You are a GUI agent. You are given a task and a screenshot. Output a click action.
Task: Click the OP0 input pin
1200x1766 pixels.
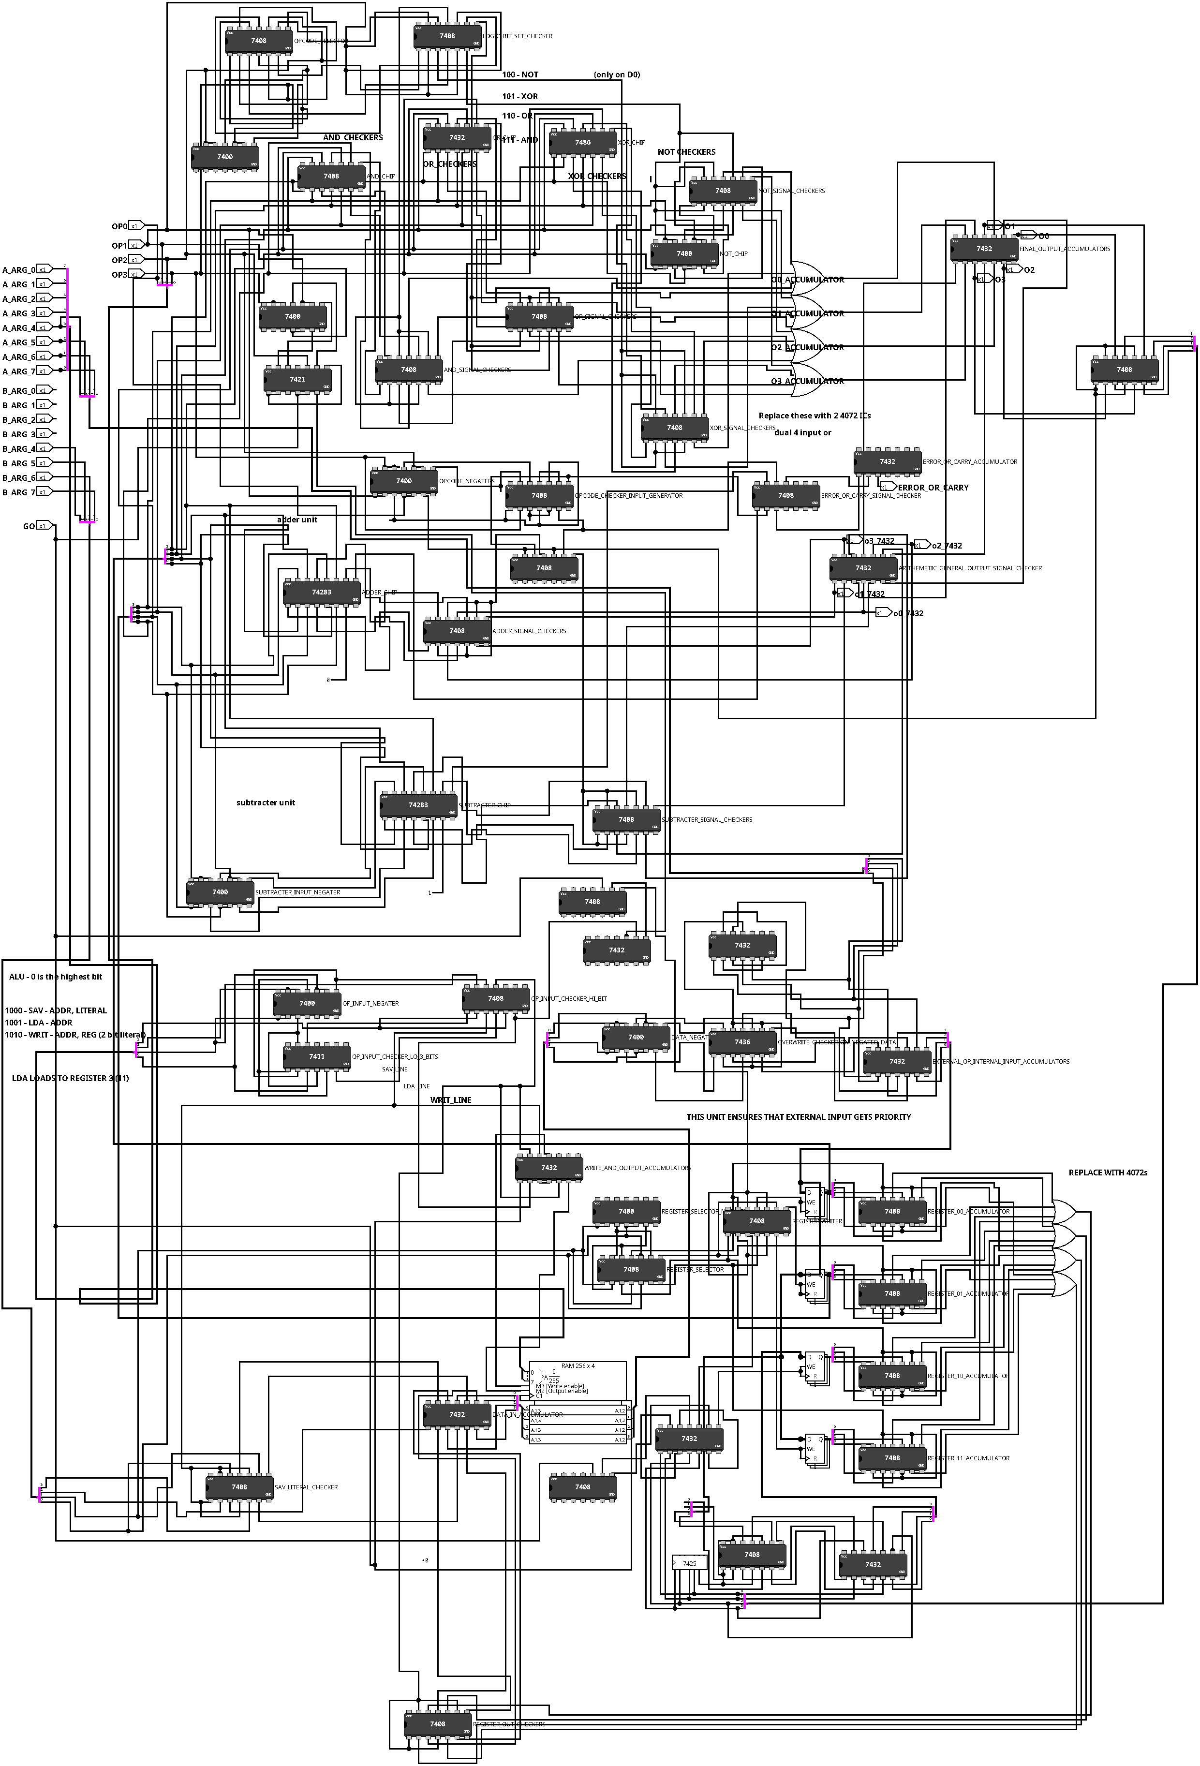(135, 226)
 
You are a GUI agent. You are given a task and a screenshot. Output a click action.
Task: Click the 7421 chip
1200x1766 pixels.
(297, 380)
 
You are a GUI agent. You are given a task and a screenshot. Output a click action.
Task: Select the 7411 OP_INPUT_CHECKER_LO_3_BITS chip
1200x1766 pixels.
(316, 1057)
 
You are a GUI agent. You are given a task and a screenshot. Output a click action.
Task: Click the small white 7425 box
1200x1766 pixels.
(689, 1564)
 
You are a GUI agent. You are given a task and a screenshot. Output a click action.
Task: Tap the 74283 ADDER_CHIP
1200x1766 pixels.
(321, 593)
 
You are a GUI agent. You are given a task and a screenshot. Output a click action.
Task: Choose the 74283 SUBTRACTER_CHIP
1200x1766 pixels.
(418, 805)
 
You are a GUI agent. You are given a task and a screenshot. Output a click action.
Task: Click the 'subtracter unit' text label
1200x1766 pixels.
(265, 802)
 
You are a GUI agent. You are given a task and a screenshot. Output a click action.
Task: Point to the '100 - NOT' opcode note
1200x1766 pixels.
(520, 74)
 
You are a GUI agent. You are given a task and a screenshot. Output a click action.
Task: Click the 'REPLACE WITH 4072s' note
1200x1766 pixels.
(1107, 1172)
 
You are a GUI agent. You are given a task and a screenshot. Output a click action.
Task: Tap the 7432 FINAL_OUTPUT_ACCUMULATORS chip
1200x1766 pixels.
(983, 249)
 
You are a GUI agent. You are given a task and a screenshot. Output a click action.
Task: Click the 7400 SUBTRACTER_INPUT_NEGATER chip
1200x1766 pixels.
(220, 893)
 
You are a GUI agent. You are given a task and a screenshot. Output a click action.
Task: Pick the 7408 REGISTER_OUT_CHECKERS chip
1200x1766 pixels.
(437, 1724)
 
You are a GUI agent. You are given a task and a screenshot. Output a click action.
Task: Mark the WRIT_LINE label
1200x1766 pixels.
(451, 1099)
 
